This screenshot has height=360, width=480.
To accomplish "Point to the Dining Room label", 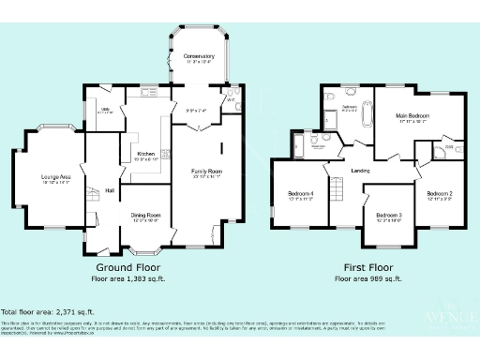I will (146, 217).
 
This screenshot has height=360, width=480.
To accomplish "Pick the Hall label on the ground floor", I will (110, 190).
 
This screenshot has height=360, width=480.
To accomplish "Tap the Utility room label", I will (104, 111).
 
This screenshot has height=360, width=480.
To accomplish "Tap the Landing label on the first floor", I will (360, 170).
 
